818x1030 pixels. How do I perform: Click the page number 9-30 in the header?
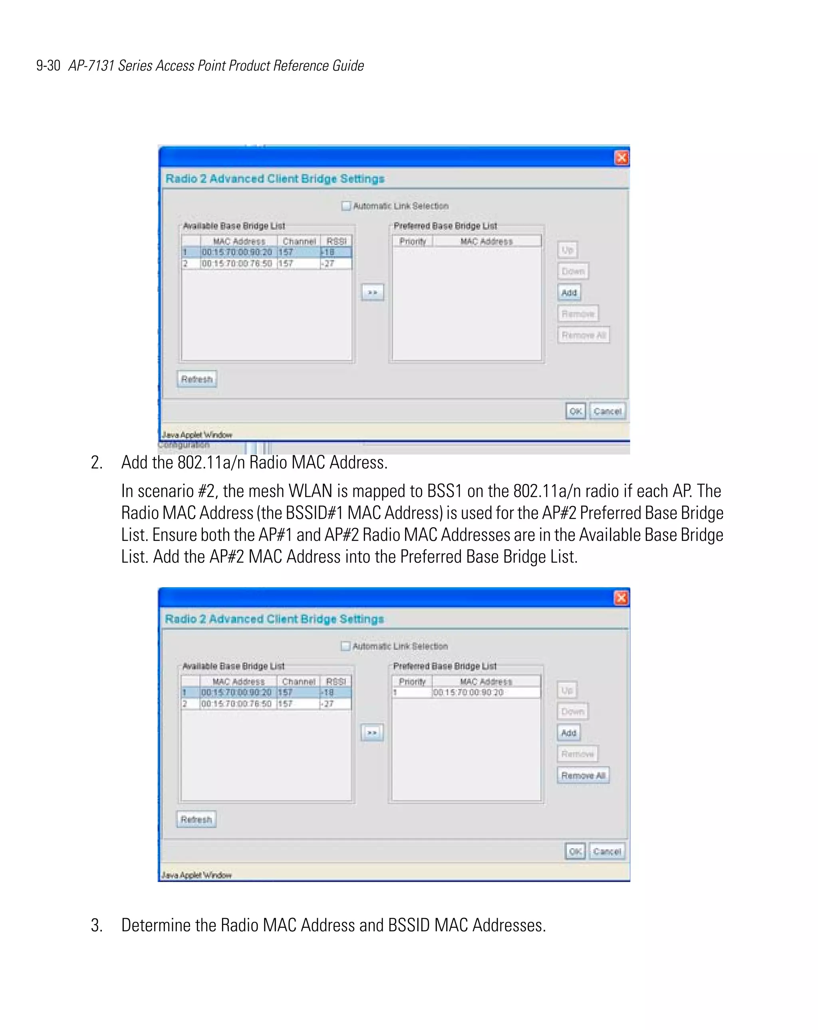click(x=48, y=65)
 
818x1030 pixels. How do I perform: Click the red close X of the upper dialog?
click(x=621, y=158)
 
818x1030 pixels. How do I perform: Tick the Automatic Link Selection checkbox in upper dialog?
click(x=346, y=206)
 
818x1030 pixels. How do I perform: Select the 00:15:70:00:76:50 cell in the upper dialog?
click(x=237, y=264)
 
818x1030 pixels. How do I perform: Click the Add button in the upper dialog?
click(x=569, y=292)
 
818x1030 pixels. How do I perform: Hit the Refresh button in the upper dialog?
click(x=197, y=379)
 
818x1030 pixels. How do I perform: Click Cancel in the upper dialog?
click(x=607, y=411)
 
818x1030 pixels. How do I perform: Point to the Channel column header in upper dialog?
click(x=299, y=241)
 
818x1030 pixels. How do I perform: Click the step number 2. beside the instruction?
click(x=97, y=462)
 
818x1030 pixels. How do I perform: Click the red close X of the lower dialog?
click(x=621, y=597)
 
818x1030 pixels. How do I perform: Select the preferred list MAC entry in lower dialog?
click(x=468, y=693)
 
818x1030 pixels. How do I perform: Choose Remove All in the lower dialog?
click(x=583, y=775)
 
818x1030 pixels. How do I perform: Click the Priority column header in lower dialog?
click(x=412, y=682)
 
